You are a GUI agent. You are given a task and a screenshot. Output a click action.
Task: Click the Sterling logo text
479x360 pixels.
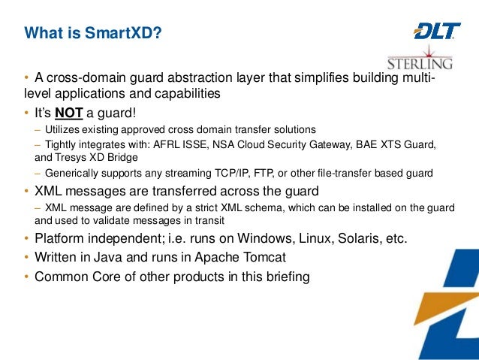point(409,62)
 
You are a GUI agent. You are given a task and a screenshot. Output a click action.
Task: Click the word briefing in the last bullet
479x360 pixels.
point(284,277)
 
